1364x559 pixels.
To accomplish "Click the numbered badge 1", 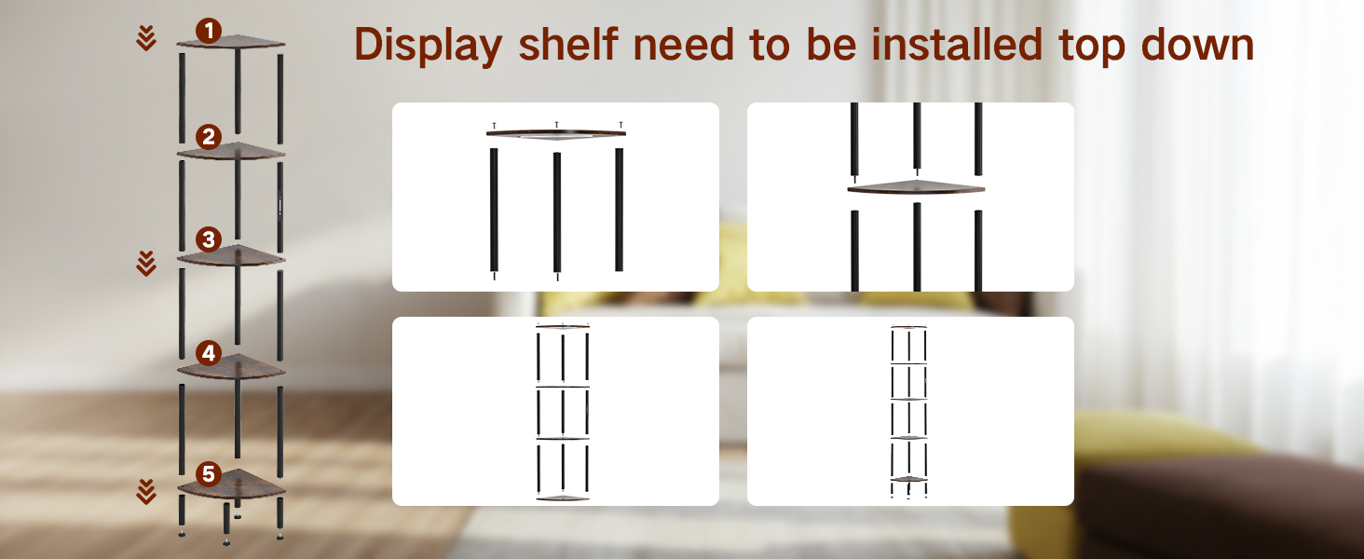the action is tap(209, 31).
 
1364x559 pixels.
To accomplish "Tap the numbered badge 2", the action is tap(209, 137).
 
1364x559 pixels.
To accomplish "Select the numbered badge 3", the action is tap(209, 239).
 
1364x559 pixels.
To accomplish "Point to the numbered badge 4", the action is tap(209, 353).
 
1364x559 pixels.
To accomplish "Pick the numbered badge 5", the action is tap(209, 473).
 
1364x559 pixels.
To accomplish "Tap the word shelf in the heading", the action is tap(568, 44).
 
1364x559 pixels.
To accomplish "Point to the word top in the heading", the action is tap(1091, 48).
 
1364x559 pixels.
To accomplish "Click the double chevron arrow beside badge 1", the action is tap(146, 38).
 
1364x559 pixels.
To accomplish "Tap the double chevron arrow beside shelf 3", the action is tap(146, 263).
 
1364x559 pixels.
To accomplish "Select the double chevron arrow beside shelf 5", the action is tap(146, 492).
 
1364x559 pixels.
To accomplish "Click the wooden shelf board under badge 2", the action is tap(231, 152).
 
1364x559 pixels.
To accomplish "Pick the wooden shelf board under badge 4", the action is tap(231, 367).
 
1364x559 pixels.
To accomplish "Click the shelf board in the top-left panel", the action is tap(556, 134).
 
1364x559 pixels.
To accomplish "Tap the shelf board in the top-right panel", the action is tap(916, 187).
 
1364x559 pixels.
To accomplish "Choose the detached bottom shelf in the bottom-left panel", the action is tap(563, 498).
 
